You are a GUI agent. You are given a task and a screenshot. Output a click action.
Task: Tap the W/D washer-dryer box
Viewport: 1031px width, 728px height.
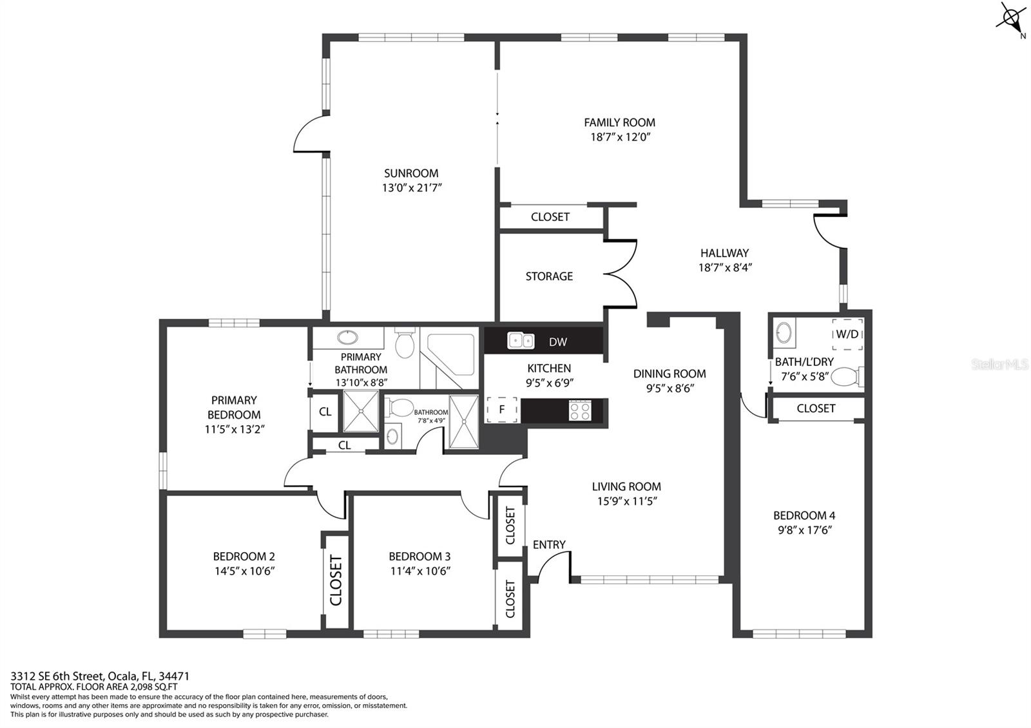847,334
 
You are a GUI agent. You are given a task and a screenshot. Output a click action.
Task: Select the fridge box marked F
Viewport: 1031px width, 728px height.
502,409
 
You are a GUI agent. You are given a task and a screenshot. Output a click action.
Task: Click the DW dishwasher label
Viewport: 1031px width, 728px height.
558,342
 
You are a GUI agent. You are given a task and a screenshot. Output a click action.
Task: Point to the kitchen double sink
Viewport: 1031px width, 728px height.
521,341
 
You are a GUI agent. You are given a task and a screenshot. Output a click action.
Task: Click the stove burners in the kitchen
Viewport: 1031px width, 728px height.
579,410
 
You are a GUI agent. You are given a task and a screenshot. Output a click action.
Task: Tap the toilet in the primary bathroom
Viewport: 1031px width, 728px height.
405,343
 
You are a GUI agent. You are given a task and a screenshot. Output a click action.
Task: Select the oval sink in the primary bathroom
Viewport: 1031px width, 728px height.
347,338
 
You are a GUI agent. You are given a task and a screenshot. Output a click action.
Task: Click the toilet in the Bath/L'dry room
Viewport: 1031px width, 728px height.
847,377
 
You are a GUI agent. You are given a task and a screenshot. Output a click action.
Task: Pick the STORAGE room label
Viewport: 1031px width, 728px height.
549,276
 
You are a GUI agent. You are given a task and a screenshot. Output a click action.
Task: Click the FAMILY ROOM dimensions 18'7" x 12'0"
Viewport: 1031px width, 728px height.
620,137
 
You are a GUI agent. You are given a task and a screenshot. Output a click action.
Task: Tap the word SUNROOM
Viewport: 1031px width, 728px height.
411,173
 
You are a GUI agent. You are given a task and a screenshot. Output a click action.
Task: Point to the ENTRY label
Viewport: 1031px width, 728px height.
549,545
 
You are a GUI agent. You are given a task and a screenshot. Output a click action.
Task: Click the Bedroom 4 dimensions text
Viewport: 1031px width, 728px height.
804,530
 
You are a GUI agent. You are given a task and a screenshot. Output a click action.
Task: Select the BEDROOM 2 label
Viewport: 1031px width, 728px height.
244,557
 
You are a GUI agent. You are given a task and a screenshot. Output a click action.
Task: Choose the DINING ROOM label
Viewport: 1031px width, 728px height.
670,374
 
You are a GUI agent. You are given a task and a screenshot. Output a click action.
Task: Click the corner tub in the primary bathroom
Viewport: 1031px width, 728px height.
450,354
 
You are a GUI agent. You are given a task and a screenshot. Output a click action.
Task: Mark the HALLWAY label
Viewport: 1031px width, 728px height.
724,253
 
